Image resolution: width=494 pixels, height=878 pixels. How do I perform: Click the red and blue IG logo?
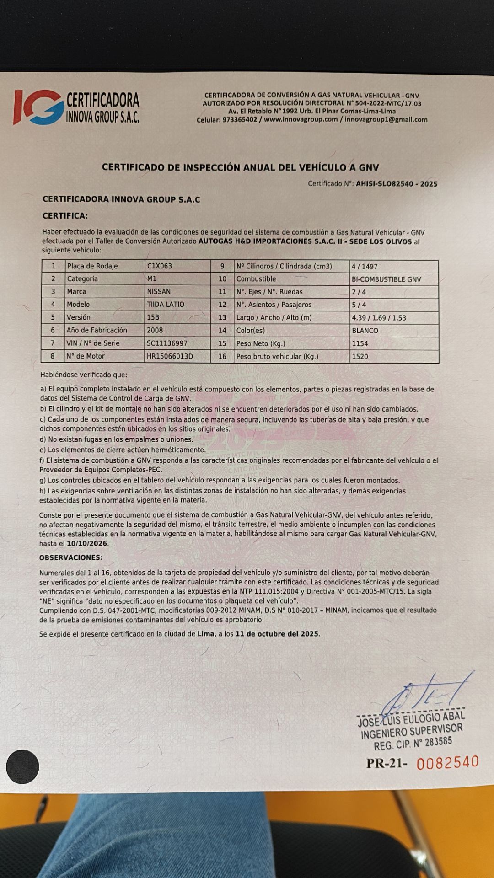tap(38, 107)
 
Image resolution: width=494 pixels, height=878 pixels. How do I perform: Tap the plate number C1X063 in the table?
tap(159, 266)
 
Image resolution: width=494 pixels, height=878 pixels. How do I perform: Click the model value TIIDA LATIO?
tap(165, 304)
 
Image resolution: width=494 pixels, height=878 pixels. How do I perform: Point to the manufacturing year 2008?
tap(155, 330)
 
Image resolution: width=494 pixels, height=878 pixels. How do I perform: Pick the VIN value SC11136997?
tap(167, 343)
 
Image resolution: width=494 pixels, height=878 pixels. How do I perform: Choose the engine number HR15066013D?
tap(170, 356)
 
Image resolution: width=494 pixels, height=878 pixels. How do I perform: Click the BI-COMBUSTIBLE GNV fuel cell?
tap(386, 279)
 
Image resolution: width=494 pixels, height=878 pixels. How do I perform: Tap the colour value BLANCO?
tap(365, 330)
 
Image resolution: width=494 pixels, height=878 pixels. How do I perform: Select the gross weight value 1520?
tap(360, 356)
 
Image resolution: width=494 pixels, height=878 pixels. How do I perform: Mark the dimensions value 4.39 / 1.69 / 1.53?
tap(379, 317)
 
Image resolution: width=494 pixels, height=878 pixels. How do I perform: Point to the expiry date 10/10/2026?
tap(87, 544)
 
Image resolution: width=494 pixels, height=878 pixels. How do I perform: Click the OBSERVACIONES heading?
tap(71, 557)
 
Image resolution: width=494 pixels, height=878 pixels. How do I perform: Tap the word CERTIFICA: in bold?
tap(65, 215)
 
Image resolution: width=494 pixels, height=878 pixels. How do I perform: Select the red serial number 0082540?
tap(447, 762)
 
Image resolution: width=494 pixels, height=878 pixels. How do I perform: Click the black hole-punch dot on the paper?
tap(22, 766)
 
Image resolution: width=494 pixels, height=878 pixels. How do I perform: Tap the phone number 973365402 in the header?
tap(240, 120)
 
